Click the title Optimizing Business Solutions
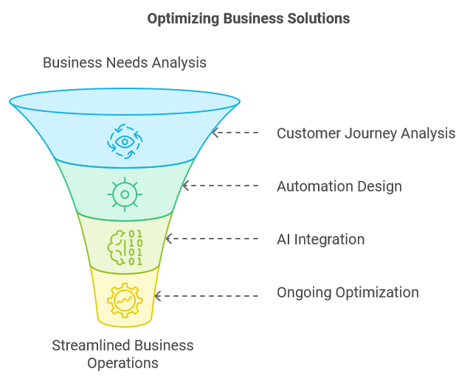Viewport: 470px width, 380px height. click(249, 18)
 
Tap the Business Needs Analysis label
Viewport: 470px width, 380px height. click(125, 63)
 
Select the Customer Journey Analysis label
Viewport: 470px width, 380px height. click(366, 133)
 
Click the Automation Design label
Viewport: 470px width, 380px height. click(339, 186)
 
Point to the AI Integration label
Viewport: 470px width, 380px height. click(321, 239)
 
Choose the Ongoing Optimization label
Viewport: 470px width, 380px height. click(348, 292)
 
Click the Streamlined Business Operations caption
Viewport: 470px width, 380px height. click(123, 354)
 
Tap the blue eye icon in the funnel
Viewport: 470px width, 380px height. click(125, 141)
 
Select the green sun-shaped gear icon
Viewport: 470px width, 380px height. click(125, 194)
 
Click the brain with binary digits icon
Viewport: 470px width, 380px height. click(125, 247)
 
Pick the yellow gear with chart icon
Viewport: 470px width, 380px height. click(125, 300)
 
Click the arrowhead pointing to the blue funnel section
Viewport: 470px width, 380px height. click(215, 133)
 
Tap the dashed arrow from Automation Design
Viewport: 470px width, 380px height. click(221, 186)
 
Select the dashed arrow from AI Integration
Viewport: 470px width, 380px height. click(212, 239)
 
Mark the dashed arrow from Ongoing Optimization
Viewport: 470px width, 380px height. click(207, 296)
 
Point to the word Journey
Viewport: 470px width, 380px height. click(370, 134)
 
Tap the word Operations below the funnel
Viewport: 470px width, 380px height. click(123, 363)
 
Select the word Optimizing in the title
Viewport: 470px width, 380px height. click(183, 19)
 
